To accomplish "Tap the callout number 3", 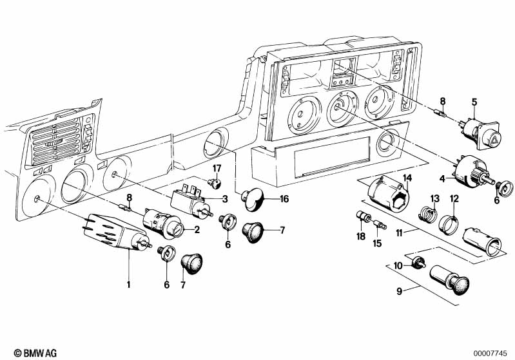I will tap(225, 198).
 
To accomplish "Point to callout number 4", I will tap(442, 177).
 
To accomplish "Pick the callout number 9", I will tap(400, 291).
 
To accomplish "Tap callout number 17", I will tap(217, 169).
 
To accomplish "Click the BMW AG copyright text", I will tap(24, 352).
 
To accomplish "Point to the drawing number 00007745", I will tap(492, 352).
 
